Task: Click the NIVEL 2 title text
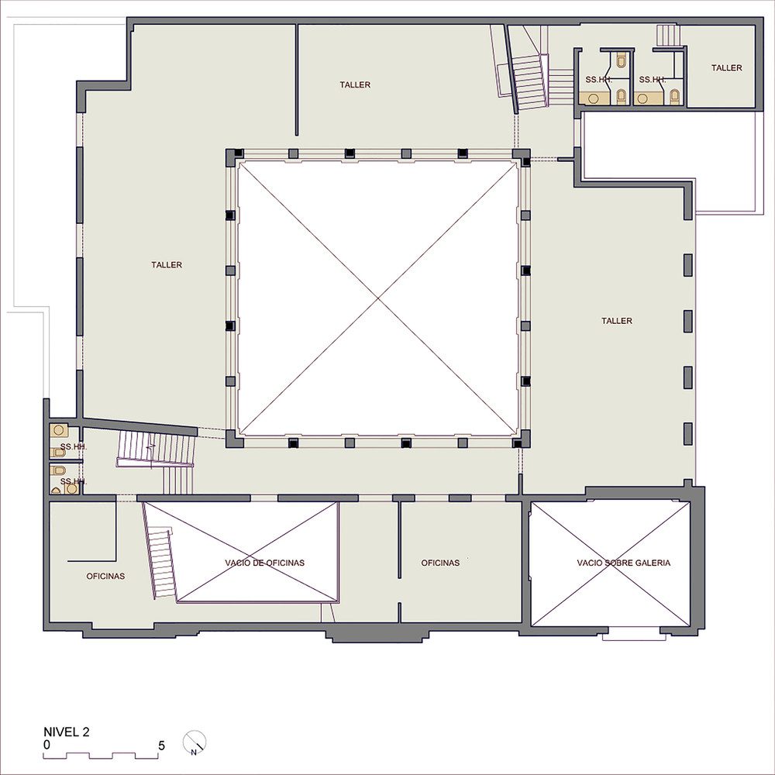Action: [66, 732]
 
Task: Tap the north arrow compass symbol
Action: [195, 742]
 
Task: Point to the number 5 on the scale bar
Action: [161, 746]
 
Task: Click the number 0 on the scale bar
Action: [46, 745]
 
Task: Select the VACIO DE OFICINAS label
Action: [264, 563]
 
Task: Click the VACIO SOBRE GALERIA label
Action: [623, 563]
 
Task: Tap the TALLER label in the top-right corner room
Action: [727, 67]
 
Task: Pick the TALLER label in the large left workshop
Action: [167, 265]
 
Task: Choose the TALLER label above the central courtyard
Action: [355, 85]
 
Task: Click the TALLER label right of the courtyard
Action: [617, 321]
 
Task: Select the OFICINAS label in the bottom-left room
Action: [105, 577]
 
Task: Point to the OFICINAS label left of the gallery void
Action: [440, 563]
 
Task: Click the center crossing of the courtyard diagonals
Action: [379, 298]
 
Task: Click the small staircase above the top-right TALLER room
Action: [668, 36]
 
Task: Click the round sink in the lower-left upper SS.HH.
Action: [58, 430]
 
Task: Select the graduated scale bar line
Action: [100, 756]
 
